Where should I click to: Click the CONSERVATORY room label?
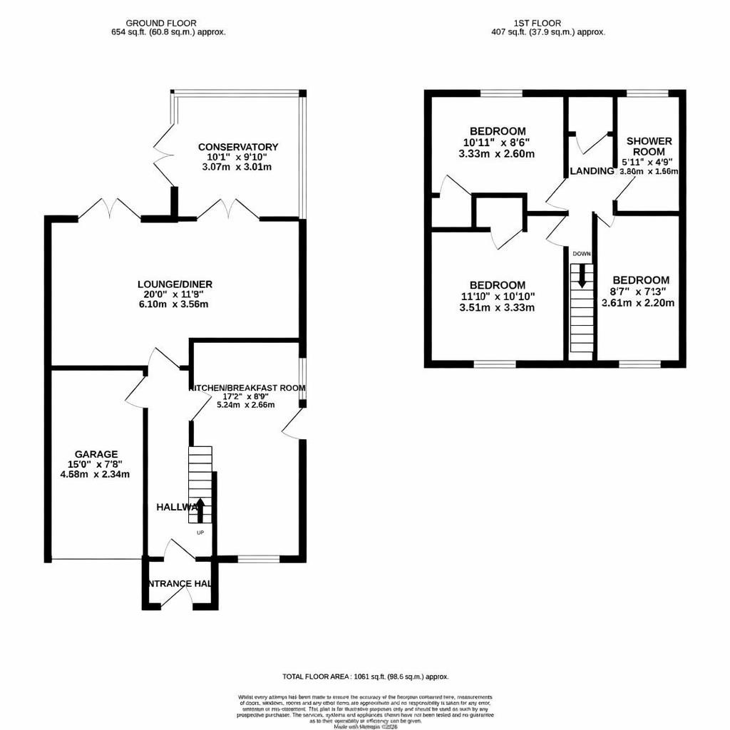click(x=237, y=147)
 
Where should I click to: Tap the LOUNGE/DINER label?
click(x=175, y=284)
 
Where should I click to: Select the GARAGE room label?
click(x=96, y=454)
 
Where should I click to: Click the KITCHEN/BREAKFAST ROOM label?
click(x=247, y=388)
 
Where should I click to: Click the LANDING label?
click(x=592, y=171)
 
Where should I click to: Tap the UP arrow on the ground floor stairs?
click(x=200, y=509)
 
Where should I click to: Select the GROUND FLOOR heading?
click(x=161, y=24)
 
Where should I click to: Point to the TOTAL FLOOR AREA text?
click(x=365, y=677)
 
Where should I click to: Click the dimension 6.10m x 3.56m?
click(x=175, y=304)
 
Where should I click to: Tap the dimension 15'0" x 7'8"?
click(x=96, y=464)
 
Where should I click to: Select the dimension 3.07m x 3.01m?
click(x=237, y=167)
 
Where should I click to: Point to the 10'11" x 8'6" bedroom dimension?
click(x=498, y=143)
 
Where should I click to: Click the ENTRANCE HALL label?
click(x=179, y=584)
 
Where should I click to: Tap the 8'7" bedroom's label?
click(x=640, y=280)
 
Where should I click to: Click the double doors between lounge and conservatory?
click(x=227, y=210)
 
